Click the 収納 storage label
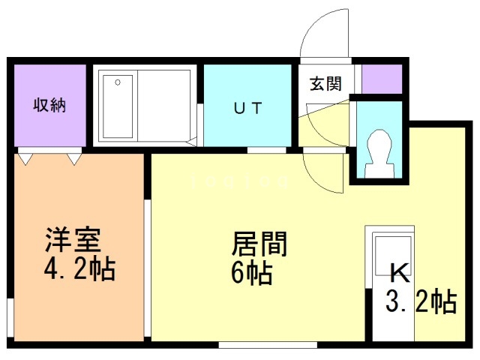tap(49, 105)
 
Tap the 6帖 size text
tap(251, 272)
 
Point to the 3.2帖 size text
tap(421, 301)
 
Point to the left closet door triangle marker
tap(26, 158)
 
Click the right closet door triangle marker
tap(74, 158)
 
